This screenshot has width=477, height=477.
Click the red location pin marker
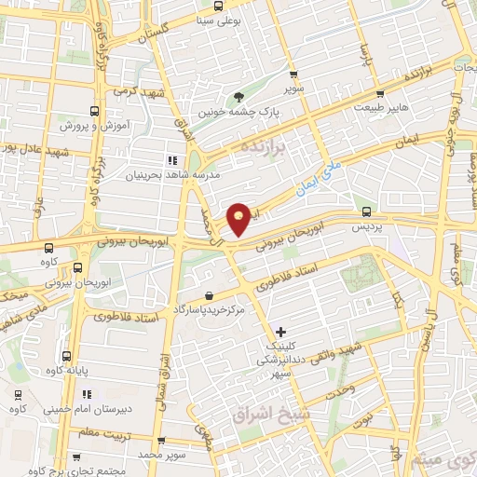pyautogui.click(x=239, y=218)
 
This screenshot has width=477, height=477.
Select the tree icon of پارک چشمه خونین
pyautogui.click(x=240, y=95)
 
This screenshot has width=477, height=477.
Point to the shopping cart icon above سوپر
pyautogui.click(x=294, y=75)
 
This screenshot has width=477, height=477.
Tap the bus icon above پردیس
pyautogui.click(x=367, y=211)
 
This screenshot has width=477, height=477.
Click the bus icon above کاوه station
pyautogui.click(x=48, y=248)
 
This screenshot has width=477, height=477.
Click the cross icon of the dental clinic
pyautogui.click(x=281, y=332)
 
